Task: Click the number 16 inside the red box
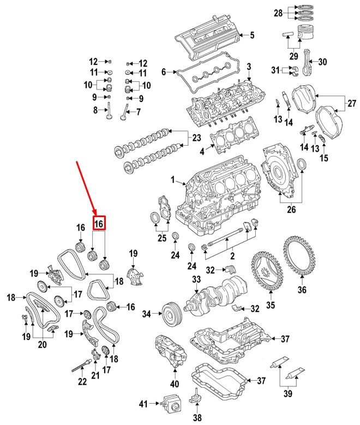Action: [x=98, y=224]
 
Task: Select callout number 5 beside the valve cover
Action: [x=251, y=36]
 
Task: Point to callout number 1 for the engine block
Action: [x=173, y=179]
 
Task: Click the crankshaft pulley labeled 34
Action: [x=171, y=314]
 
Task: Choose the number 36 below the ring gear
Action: [x=302, y=290]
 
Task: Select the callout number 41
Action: [x=143, y=404]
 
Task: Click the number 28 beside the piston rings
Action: [x=278, y=12]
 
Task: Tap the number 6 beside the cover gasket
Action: [x=163, y=71]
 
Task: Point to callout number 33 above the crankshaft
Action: [x=196, y=280]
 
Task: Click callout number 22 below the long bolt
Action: [x=82, y=382]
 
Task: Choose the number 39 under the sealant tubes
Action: [x=287, y=394]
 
